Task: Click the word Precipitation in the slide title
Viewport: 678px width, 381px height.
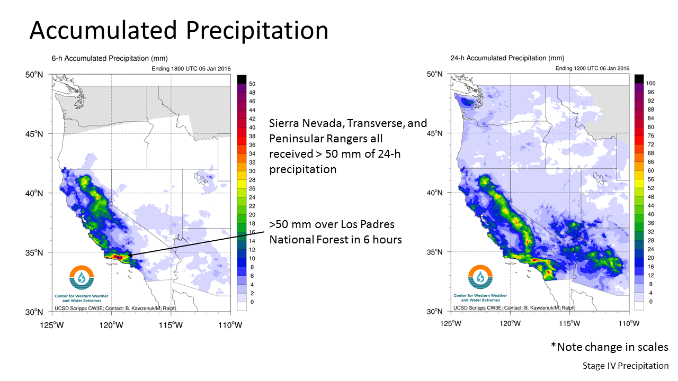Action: [257, 31]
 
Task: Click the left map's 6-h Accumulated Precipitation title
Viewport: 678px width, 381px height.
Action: [110, 58]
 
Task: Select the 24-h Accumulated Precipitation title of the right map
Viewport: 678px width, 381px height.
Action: [507, 58]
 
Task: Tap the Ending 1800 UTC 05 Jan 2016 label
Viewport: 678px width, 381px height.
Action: [191, 69]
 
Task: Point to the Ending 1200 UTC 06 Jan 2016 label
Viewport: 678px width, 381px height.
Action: [592, 68]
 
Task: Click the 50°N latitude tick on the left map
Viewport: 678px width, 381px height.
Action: [34, 75]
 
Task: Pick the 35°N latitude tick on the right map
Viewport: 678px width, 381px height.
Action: [434, 252]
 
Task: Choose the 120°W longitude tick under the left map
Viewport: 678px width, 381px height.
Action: [111, 325]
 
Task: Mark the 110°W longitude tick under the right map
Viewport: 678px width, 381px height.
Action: [629, 323]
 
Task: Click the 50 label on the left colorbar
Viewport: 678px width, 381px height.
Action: [252, 84]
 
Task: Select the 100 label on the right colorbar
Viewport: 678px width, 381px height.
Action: [650, 84]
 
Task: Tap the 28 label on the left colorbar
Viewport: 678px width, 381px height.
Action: [252, 180]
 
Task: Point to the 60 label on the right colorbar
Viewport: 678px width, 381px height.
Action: [650, 170]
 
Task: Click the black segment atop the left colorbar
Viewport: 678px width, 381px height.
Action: [242, 79]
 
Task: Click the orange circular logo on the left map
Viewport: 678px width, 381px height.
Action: [82, 277]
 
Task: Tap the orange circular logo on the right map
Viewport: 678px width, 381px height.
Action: [480, 277]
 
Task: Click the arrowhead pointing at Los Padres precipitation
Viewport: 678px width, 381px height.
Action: [131, 255]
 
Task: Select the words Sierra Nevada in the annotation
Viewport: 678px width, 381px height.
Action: [306, 123]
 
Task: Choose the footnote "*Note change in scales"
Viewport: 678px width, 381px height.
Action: [609, 347]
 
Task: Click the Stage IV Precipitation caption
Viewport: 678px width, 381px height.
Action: [626, 366]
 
